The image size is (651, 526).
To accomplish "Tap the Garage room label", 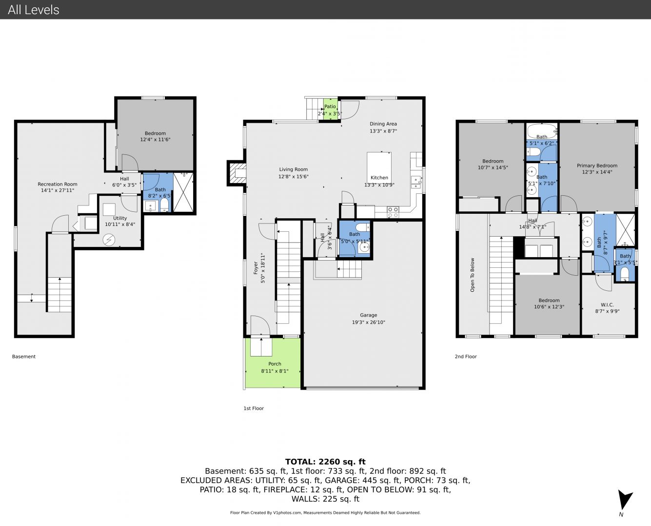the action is pos(368,315).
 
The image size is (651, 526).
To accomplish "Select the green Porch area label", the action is pos(275,364).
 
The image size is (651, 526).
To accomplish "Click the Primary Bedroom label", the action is pos(597,166).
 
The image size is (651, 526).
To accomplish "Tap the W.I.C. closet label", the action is pos(607,305).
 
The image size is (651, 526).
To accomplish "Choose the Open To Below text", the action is pos(472,275).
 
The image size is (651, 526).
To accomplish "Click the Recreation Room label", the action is pos(58,184).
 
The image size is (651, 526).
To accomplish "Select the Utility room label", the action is pos(120,218).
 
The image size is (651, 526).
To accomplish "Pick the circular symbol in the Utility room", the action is pos(108,240).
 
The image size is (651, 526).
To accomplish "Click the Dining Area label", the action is pos(383,124).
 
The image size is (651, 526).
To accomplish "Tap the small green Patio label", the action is pos(330,106).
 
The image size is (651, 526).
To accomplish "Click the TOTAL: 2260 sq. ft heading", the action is pos(325,462).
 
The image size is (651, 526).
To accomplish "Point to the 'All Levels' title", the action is pos(33,10).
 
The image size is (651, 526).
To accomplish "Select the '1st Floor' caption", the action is pos(254,408).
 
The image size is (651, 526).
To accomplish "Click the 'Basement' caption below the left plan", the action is pos(24,356).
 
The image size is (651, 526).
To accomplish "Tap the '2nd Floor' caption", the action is pos(466,356).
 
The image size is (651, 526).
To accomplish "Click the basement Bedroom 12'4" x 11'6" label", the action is pos(155,136).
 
